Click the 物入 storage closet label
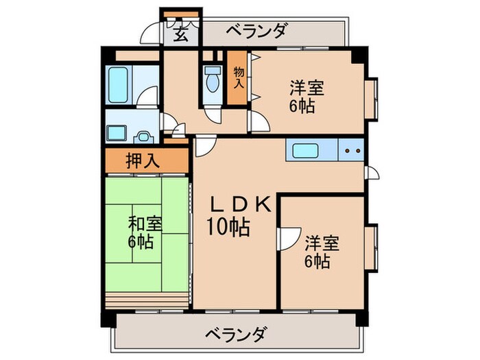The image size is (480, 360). pos(238,77)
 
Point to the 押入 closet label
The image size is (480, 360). pos(144,162)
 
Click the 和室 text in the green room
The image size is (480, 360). pos(145,224)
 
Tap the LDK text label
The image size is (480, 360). pos(241,204)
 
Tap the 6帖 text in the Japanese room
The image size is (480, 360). pos(140,242)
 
